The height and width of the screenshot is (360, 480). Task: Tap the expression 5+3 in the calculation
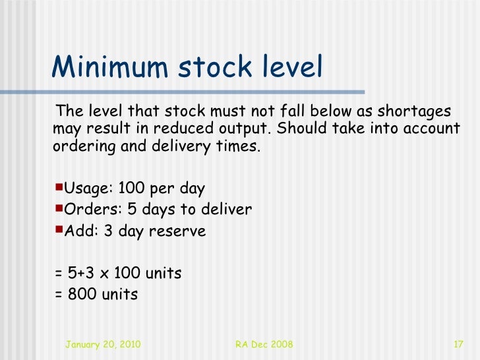tap(80, 273)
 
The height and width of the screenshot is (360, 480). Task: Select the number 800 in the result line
tap(80, 294)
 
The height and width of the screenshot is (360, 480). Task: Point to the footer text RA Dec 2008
tap(264, 345)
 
